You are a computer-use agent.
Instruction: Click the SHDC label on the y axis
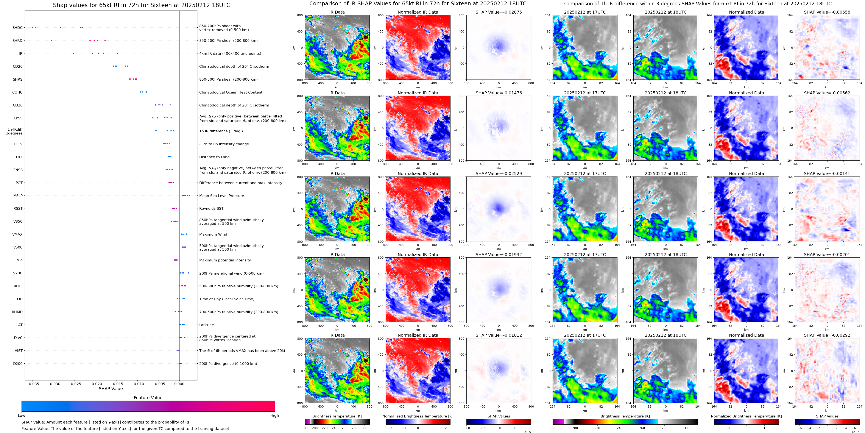click(x=17, y=28)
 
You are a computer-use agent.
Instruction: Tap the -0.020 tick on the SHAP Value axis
click(x=96, y=384)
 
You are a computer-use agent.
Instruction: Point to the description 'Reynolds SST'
click(x=211, y=209)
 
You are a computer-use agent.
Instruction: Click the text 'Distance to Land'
click(x=214, y=157)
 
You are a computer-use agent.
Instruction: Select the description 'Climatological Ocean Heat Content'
click(x=231, y=92)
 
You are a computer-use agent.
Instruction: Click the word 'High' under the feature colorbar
click(x=274, y=416)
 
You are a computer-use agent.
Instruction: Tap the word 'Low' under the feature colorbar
click(x=22, y=416)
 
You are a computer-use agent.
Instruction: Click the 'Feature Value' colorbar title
click(x=148, y=398)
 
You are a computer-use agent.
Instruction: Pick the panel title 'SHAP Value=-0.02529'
click(x=499, y=174)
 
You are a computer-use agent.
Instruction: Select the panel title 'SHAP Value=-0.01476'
click(x=499, y=93)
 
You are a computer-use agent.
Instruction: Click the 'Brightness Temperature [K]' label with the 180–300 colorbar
click(x=337, y=416)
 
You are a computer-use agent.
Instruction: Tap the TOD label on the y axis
click(x=19, y=299)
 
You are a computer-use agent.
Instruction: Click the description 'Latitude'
click(x=207, y=325)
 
